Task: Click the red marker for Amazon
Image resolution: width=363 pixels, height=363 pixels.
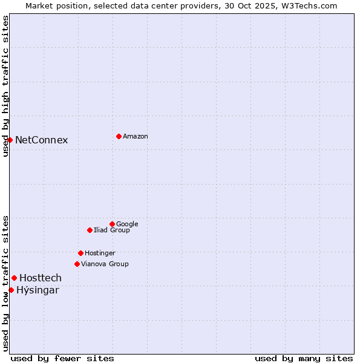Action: click(119, 136)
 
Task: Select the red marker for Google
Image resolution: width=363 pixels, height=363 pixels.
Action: click(112, 224)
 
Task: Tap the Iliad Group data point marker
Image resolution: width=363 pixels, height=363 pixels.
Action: click(90, 230)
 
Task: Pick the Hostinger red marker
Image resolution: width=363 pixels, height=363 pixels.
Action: click(80, 253)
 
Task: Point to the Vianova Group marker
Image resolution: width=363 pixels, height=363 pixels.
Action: click(77, 264)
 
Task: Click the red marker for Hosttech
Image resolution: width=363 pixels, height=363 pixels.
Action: click(14, 278)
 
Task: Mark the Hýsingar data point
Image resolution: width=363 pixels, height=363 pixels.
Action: click(11, 290)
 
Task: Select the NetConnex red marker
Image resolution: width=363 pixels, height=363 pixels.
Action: click(10, 140)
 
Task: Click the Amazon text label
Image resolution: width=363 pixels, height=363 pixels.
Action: click(135, 137)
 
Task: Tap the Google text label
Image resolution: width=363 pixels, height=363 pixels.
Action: click(127, 224)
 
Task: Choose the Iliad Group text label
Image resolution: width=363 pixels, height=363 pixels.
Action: click(111, 231)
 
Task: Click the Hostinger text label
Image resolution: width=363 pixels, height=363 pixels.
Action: click(100, 253)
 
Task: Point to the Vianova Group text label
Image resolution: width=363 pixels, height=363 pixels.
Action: click(105, 264)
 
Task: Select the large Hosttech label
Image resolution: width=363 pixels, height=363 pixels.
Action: click(41, 278)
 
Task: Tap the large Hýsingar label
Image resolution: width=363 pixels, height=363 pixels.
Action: click(38, 290)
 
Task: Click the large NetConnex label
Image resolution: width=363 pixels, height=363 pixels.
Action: click(41, 140)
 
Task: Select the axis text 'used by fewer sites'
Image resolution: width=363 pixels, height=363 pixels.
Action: click(62, 358)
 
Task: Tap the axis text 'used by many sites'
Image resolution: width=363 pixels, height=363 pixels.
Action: click(303, 358)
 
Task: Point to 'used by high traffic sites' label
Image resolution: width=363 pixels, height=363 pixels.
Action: click(5, 87)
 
